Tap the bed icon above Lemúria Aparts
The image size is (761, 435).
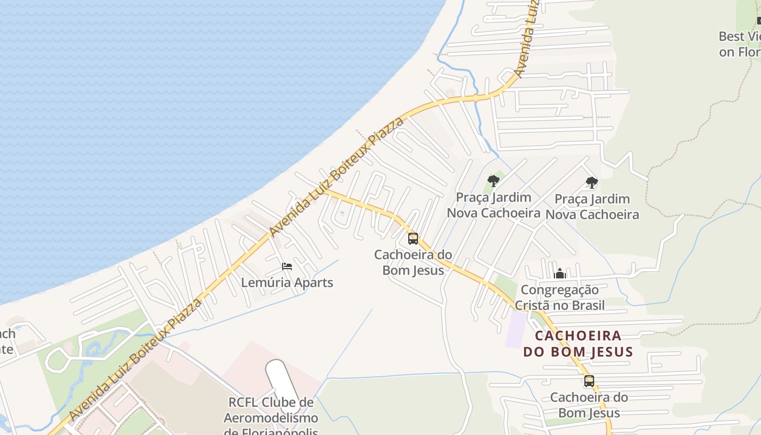287,266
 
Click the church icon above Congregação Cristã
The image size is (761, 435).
560,273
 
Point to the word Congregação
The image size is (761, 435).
559,290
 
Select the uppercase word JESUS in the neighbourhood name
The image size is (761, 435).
611,352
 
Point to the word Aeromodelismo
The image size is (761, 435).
271,418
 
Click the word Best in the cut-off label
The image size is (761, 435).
731,36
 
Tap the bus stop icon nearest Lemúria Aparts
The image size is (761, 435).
413,239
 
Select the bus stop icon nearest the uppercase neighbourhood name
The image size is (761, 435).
589,381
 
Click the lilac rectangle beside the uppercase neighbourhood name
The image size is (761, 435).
516,329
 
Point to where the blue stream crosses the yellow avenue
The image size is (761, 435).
476,98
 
